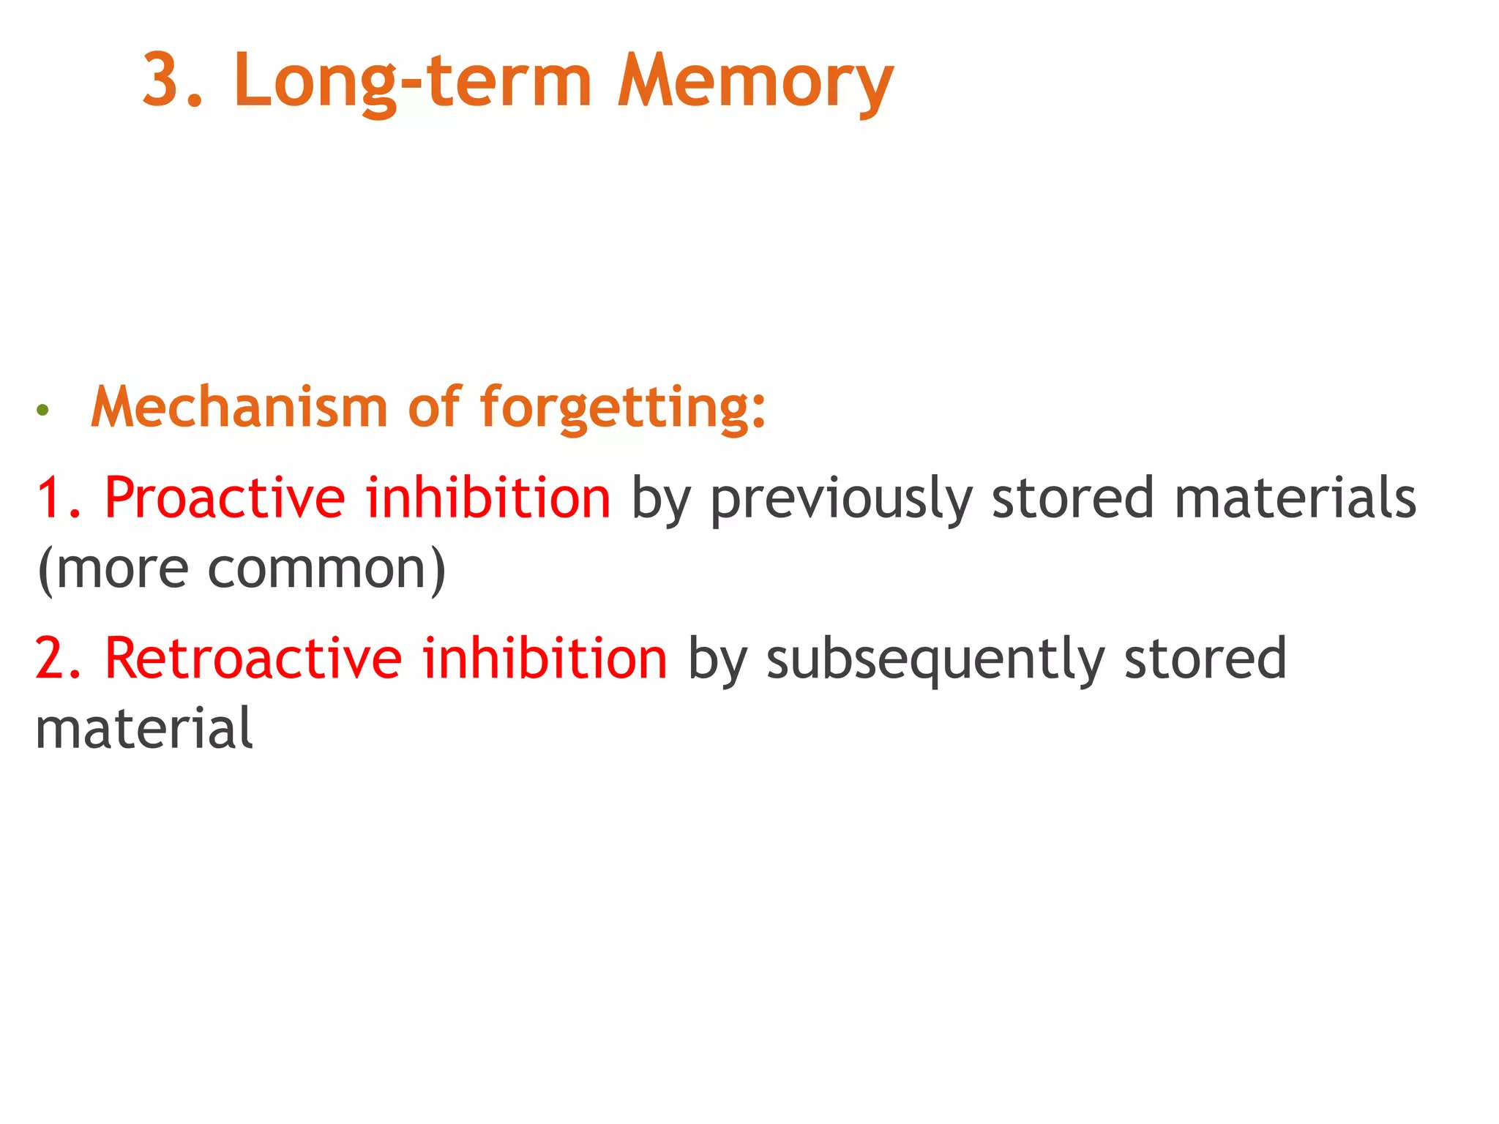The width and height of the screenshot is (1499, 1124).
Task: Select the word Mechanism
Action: pos(239,407)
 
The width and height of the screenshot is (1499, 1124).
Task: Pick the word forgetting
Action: pos(622,408)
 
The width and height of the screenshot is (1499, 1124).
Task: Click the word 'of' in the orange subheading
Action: pos(434,407)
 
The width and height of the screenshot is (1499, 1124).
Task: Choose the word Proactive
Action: pos(225,498)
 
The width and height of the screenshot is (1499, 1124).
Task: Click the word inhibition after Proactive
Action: pos(488,498)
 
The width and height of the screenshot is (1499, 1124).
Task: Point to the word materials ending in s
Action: pos(1295,498)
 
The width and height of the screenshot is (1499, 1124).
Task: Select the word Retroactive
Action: pos(253,659)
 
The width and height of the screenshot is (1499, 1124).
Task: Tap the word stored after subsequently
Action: pos(1205,659)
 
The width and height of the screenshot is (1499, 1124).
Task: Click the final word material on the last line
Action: pos(144,729)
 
